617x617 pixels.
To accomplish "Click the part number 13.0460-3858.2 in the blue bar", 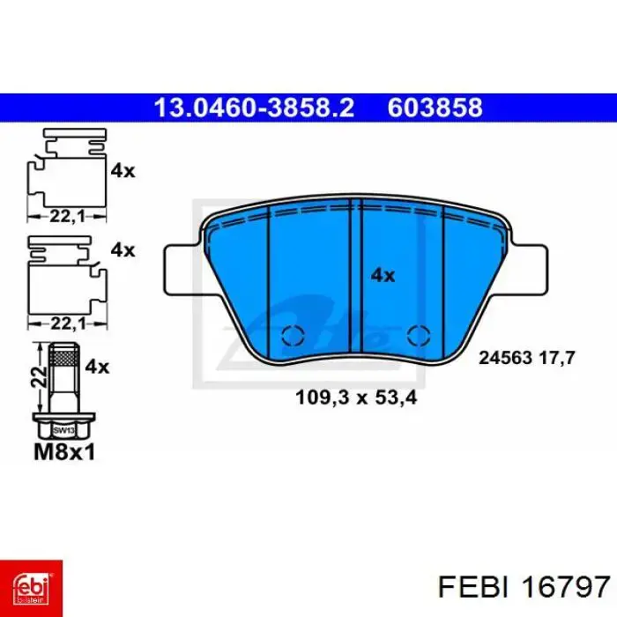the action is (x=254, y=108).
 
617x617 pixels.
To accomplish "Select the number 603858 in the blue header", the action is (x=435, y=108).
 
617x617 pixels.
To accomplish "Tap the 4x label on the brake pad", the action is (x=383, y=275).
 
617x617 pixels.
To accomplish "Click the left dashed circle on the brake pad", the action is (x=294, y=336).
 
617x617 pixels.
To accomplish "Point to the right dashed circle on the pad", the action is (x=419, y=336).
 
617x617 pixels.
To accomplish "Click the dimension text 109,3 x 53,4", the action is (x=356, y=398).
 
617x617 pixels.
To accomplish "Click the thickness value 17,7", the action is (x=557, y=358).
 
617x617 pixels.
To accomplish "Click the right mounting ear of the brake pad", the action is (x=528, y=270).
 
